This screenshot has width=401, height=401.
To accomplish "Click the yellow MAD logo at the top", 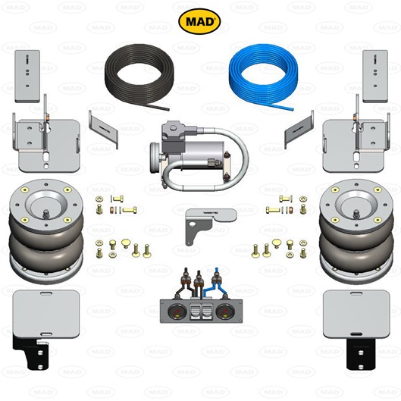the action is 199,21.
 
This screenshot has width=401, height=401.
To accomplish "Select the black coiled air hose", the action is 139,77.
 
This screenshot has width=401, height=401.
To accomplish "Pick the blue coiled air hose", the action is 263,77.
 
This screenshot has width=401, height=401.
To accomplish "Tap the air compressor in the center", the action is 199,156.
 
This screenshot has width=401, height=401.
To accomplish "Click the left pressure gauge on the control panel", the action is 174,312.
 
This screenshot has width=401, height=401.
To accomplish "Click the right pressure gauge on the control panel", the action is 224,312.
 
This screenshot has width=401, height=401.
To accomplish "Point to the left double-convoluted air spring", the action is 46,230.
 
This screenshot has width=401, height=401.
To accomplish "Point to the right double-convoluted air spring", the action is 356,230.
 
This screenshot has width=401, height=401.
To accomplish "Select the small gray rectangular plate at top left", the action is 27,77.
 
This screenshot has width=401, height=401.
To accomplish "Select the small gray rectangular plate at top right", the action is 375,77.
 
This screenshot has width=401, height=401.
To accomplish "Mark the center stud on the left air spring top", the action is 46,214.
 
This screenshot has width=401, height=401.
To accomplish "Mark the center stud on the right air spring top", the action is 356,214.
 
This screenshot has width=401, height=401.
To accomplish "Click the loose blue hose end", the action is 291,109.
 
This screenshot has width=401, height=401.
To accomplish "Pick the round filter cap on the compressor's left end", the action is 155,158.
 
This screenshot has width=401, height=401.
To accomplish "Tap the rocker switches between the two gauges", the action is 199,312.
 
